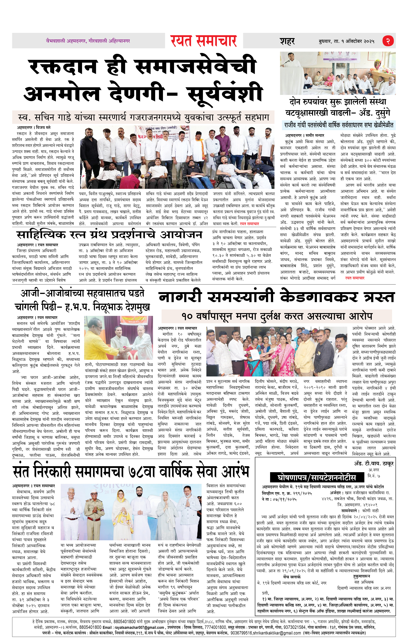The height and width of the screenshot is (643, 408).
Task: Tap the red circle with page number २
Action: [388, 41]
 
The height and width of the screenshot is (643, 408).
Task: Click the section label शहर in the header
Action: [287, 41]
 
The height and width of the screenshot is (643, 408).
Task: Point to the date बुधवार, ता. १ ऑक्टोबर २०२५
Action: [346, 41]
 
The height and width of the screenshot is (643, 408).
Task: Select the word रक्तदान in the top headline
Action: [63, 67]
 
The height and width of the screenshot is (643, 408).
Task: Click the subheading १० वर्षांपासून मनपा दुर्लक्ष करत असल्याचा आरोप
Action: [277, 316]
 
